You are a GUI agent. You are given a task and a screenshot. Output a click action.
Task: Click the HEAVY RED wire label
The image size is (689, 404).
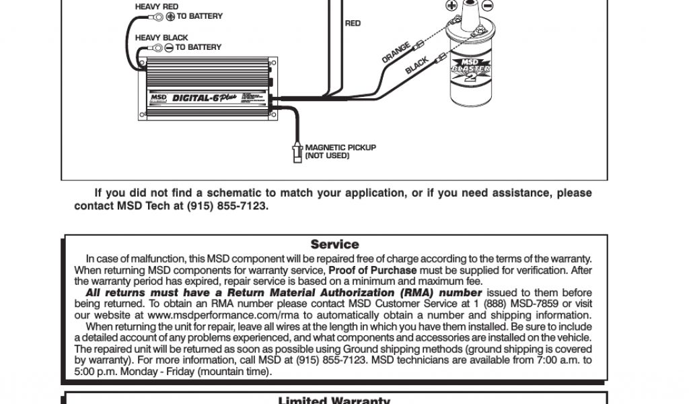pyautogui.click(x=156, y=7)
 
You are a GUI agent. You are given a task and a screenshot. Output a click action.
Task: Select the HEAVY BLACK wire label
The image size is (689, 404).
pyautogui.click(x=161, y=38)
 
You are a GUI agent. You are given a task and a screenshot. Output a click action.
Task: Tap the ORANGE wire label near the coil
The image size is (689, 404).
pyautogui.click(x=396, y=53)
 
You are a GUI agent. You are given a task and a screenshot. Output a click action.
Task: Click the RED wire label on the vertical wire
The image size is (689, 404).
pyautogui.click(x=353, y=24)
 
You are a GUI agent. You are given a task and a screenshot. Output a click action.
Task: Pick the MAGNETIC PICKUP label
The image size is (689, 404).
pyautogui.click(x=340, y=147)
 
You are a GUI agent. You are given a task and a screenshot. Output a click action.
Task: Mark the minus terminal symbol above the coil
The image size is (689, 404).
pyautogui.click(x=488, y=5)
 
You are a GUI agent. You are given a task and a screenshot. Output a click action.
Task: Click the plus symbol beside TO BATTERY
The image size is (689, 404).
pyautogui.click(x=170, y=16)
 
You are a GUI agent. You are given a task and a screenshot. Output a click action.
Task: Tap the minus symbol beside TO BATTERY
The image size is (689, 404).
pyautogui.click(x=169, y=48)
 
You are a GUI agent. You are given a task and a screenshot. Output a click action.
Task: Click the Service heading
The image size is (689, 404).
pyautogui.click(x=334, y=244)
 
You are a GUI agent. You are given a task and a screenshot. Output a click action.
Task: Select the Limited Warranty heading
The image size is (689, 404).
pyautogui.click(x=334, y=400)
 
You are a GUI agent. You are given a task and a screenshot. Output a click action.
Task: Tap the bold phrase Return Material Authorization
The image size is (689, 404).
pyautogui.click(x=322, y=293)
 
